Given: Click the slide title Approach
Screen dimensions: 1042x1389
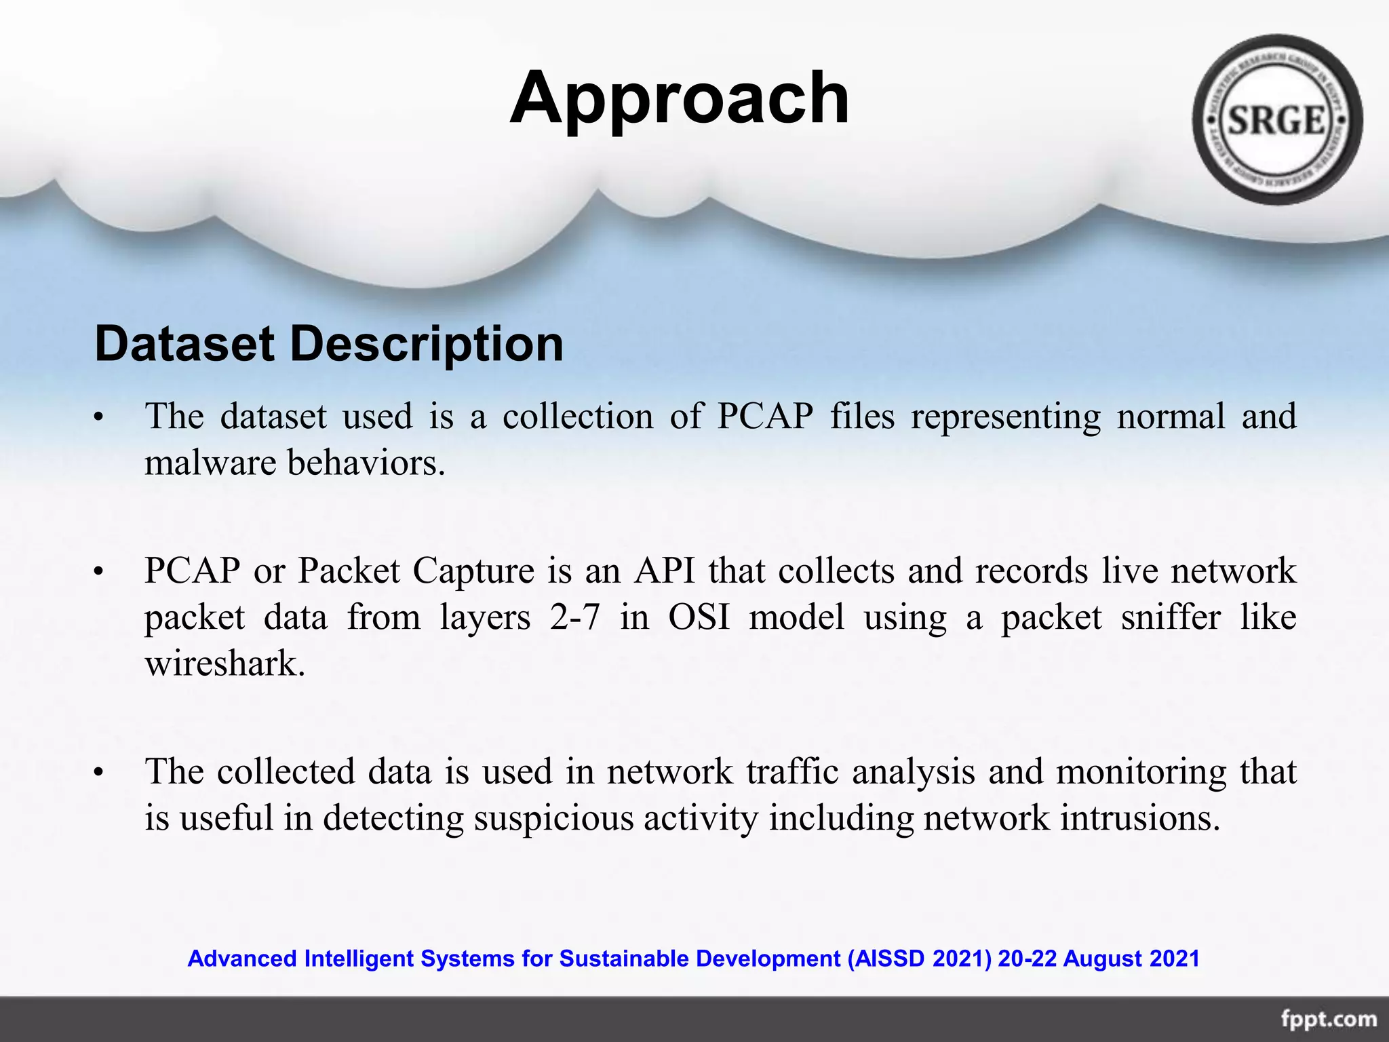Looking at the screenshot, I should (679, 99).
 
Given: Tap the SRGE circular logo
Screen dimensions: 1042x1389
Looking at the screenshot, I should (1277, 120).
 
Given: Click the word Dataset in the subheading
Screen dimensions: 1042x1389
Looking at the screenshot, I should (184, 344).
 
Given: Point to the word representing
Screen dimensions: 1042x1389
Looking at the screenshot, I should (1006, 417).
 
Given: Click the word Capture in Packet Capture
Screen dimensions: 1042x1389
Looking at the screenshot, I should (473, 571).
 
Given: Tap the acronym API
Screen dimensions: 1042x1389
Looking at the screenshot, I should (665, 571).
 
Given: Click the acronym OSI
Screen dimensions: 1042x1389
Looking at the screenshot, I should (699, 617).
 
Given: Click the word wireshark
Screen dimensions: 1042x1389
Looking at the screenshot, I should (224, 663).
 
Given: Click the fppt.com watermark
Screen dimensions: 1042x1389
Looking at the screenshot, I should (1329, 1019).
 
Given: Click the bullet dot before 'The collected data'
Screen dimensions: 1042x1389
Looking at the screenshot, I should (98, 773).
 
